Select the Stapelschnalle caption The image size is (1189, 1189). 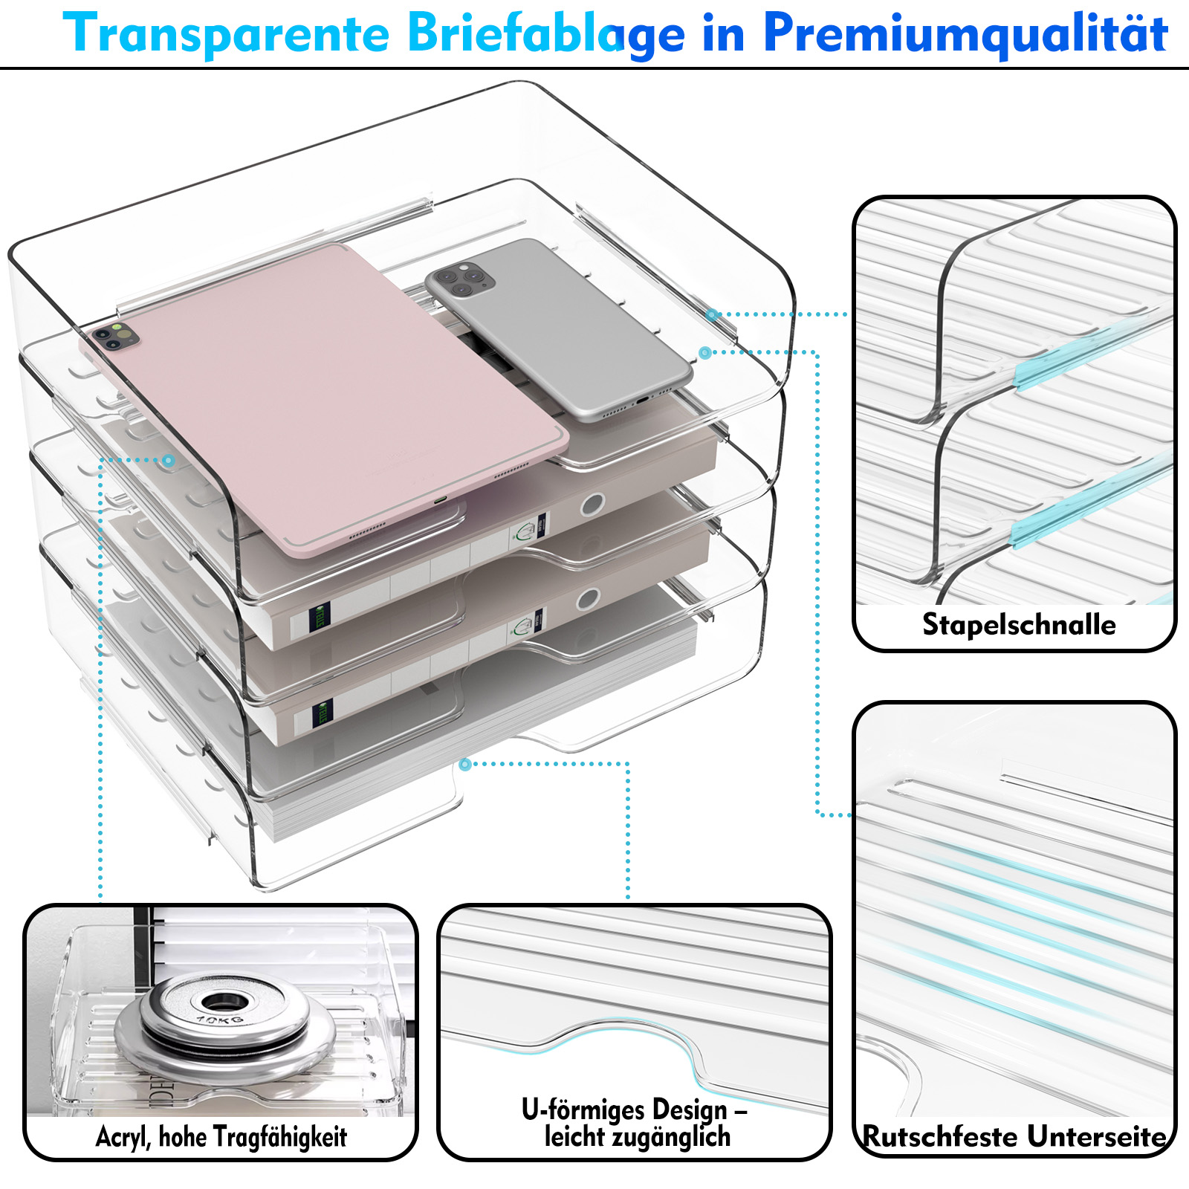click(1018, 624)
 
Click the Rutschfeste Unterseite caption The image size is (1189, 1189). click(1014, 1137)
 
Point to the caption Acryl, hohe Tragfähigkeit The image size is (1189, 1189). click(221, 1136)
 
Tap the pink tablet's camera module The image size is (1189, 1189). click(114, 336)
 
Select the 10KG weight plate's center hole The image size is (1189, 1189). click(218, 1000)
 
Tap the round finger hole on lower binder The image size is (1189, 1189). click(588, 598)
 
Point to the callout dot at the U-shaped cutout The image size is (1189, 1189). click(465, 764)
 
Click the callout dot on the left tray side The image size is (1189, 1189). click(169, 461)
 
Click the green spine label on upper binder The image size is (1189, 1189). click(320, 616)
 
